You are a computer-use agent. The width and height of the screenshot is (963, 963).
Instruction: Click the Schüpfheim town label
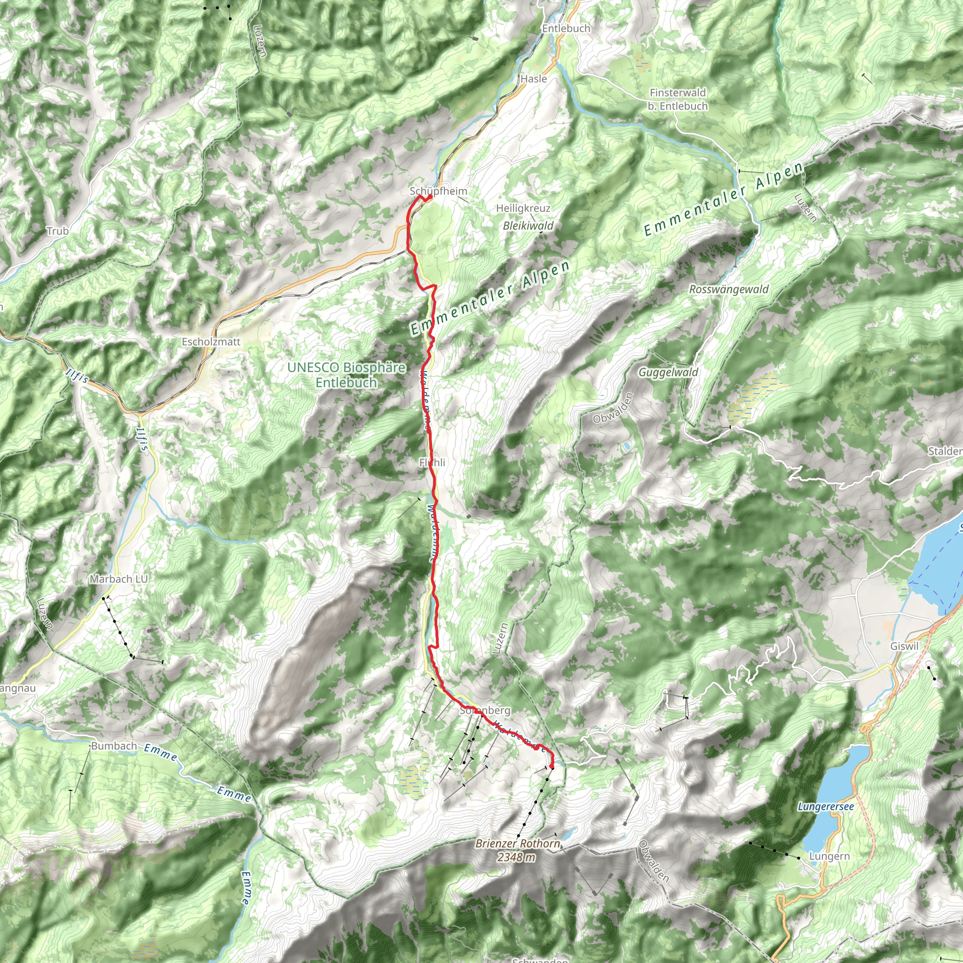438,191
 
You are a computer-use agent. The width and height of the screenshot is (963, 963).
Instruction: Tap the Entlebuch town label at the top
566,28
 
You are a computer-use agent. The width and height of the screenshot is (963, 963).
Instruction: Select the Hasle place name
533,79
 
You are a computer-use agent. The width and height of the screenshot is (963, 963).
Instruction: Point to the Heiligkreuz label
523,208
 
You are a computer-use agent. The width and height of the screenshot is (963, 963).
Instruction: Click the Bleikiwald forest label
528,226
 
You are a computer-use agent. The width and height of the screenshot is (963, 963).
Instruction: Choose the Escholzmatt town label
211,342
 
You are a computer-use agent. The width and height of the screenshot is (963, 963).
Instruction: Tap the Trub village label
57,231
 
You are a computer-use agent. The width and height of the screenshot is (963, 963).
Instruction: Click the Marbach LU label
118,579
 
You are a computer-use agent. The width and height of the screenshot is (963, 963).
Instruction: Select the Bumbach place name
114,746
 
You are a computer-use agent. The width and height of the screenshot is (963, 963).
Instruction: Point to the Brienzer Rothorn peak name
517,844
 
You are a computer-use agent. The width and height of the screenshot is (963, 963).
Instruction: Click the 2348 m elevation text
516,857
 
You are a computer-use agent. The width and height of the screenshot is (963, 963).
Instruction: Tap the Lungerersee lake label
826,806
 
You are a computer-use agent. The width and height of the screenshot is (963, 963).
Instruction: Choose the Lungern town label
829,856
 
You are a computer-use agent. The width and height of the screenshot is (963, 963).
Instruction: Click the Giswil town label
904,646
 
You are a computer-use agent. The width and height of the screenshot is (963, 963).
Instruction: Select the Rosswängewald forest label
729,289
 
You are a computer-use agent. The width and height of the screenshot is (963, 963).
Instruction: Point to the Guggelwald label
669,372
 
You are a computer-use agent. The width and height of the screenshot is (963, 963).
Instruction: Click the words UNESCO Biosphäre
347,367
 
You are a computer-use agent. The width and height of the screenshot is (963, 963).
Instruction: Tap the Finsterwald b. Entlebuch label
678,99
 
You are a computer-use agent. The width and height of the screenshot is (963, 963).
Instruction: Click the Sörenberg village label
484,710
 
